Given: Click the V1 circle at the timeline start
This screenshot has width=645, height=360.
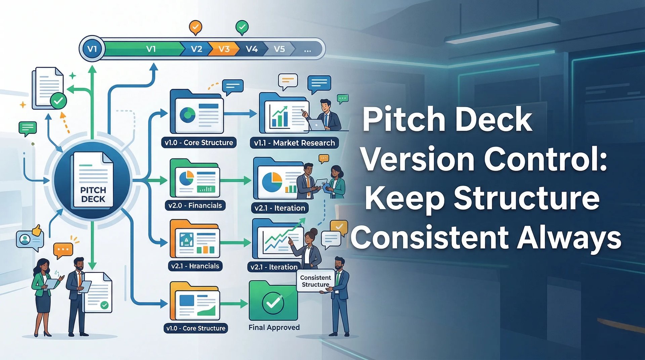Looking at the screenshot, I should (x=92, y=49).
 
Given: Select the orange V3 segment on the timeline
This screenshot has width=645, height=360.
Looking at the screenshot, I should (x=224, y=49).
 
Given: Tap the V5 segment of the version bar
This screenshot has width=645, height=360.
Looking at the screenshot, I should (x=279, y=49).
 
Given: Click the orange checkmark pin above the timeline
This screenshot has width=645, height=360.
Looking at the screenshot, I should (x=196, y=27).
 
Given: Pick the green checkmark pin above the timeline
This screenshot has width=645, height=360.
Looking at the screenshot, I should (x=242, y=27).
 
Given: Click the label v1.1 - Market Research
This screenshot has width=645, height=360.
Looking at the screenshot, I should (x=294, y=143).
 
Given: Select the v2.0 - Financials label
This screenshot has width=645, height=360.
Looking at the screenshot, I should (x=195, y=206).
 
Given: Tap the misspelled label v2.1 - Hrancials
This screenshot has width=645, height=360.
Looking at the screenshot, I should (x=195, y=266).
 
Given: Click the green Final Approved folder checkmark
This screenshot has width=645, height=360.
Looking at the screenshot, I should (x=273, y=302).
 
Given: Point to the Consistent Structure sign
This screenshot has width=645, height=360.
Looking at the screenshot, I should (x=315, y=281).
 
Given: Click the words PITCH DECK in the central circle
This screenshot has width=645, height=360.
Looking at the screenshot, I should (x=93, y=194).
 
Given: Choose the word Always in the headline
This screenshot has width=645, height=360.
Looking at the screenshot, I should (x=569, y=238).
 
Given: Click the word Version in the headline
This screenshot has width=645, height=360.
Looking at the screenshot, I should (x=418, y=160).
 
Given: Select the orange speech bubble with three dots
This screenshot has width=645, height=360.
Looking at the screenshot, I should (x=63, y=250).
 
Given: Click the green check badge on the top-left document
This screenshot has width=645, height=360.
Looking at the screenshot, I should (x=58, y=100).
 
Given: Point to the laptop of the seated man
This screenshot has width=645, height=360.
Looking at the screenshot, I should (x=316, y=125).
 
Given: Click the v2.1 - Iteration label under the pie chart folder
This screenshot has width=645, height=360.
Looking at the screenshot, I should (x=279, y=208).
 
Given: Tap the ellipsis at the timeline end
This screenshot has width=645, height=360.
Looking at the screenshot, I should (x=307, y=50).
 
